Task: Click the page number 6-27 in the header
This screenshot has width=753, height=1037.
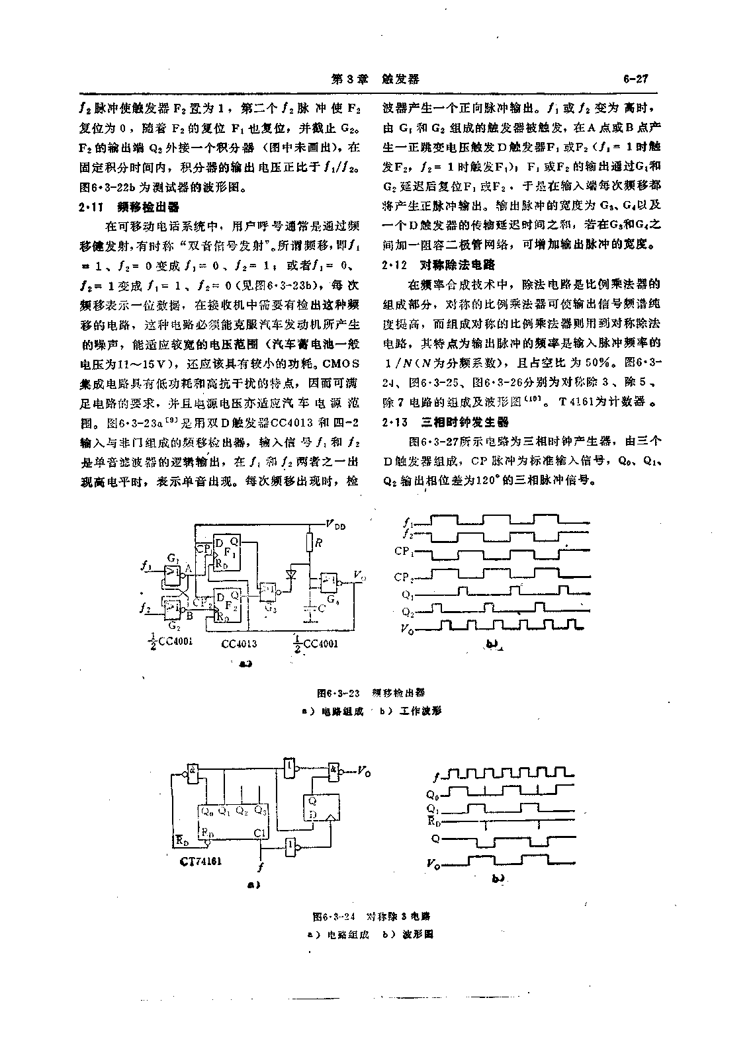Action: pos(635,79)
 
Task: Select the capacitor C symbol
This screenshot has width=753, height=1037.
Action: pos(308,609)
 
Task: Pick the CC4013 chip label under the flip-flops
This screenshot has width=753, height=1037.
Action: pos(238,642)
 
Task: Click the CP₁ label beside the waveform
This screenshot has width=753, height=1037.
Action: pos(403,550)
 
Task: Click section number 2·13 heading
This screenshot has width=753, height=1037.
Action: pos(394,422)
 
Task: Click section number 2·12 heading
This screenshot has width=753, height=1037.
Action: pos(394,265)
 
